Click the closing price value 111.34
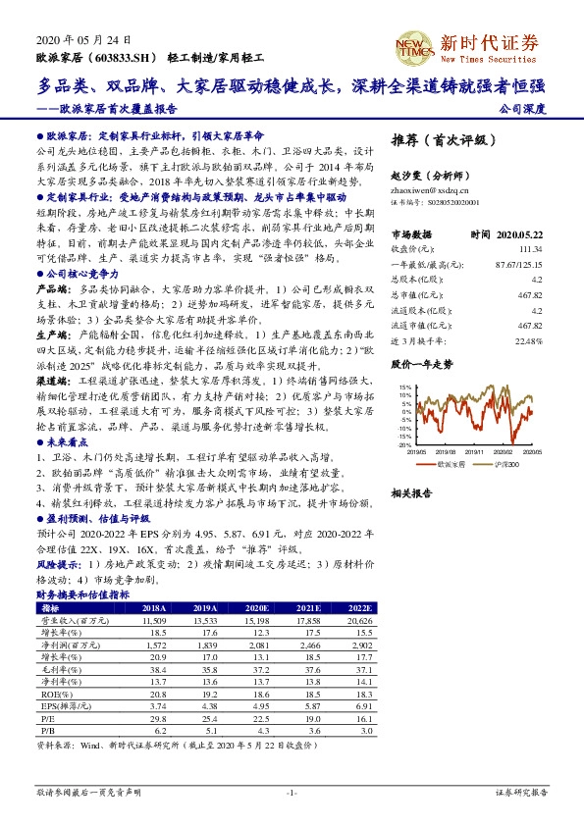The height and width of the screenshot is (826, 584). tap(531, 249)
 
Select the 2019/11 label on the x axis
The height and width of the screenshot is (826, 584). tap(475, 452)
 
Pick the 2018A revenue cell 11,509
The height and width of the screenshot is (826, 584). tap(153, 622)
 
